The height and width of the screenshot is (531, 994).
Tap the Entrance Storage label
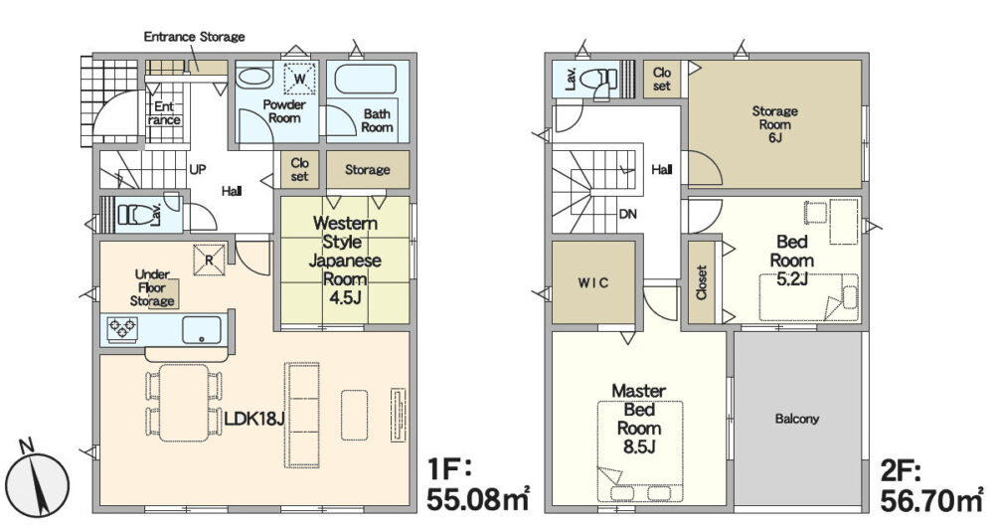tap(194, 37)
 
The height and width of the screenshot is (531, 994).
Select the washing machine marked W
tap(299, 79)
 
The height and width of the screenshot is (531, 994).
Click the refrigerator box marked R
tap(209, 260)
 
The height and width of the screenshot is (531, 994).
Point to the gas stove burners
tap(122, 329)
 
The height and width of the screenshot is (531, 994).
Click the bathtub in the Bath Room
tap(365, 80)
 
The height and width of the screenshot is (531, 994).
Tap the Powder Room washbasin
tap(252, 78)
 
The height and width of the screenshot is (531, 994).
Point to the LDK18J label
tap(253, 419)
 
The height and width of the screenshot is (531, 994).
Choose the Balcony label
tap(797, 419)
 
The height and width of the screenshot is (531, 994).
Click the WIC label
tap(593, 283)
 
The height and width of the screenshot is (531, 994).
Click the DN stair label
tap(627, 215)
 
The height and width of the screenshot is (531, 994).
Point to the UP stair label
tap(197, 170)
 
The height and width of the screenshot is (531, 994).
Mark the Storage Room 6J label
tap(774, 124)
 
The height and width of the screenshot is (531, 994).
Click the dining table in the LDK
tap(184, 403)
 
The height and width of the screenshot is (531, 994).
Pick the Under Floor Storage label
tap(152, 287)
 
